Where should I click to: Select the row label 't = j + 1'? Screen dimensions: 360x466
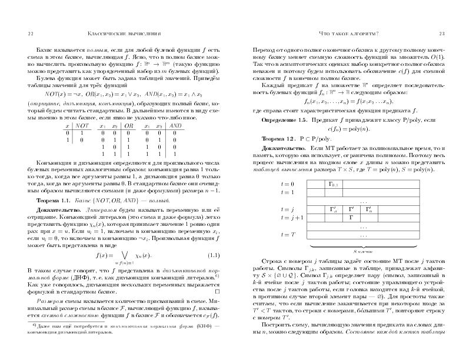click(291, 217)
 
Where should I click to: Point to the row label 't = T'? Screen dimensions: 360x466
click(287, 234)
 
